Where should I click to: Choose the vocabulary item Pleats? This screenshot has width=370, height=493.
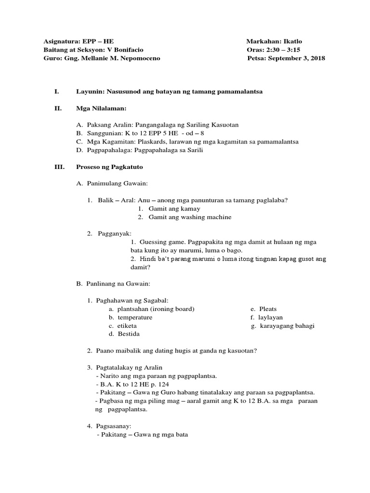(x=268, y=309)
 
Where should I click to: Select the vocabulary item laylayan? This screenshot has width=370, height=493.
(x=271, y=317)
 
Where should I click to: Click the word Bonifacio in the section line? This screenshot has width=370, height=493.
(x=128, y=50)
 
